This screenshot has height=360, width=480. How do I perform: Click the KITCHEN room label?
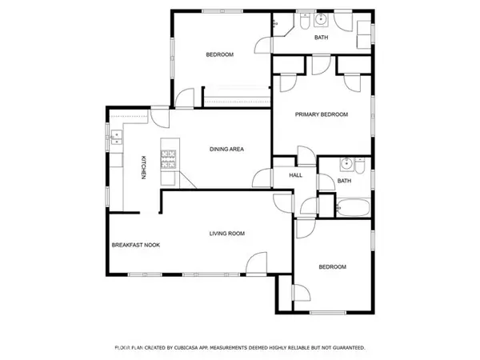[x=143, y=167]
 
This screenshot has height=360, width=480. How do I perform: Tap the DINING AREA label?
[x=226, y=149]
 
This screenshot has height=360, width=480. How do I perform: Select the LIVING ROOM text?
[x=227, y=234]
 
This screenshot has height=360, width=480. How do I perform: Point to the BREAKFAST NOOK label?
[x=136, y=245]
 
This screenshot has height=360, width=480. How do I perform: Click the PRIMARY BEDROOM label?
[x=322, y=114]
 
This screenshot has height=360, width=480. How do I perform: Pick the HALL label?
[x=296, y=175]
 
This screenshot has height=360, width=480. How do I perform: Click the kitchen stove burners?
[x=168, y=159]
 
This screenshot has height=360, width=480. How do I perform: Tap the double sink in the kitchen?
[x=117, y=137]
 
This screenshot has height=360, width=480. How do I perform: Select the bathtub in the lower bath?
[x=354, y=208]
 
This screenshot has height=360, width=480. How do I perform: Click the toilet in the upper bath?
[x=305, y=21]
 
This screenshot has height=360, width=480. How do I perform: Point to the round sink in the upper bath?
[x=321, y=19]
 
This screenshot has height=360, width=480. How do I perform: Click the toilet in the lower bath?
[x=360, y=166]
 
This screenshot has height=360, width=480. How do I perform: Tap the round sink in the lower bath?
[x=346, y=164]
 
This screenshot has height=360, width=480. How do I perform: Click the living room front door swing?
[x=257, y=263]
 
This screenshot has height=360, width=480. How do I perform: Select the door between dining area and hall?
[x=262, y=178]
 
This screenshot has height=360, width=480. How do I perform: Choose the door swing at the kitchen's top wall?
[x=160, y=118]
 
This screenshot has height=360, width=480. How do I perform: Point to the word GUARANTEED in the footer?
[x=349, y=348]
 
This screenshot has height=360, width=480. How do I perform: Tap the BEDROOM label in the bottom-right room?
[x=333, y=267]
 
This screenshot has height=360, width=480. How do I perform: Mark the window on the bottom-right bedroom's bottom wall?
[x=328, y=313]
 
